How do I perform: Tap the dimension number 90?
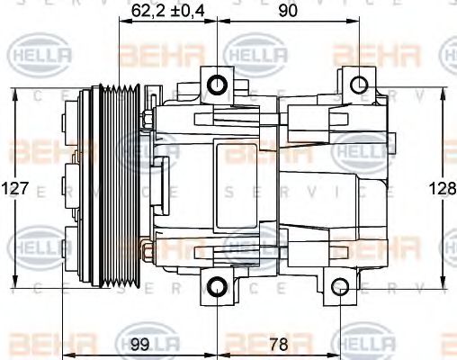[288, 10]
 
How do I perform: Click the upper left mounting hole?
[216, 85]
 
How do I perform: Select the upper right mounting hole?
[358, 85]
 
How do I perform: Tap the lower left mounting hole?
[216, 288]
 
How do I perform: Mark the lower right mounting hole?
[340, 288]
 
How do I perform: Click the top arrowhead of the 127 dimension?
[16, 92]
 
